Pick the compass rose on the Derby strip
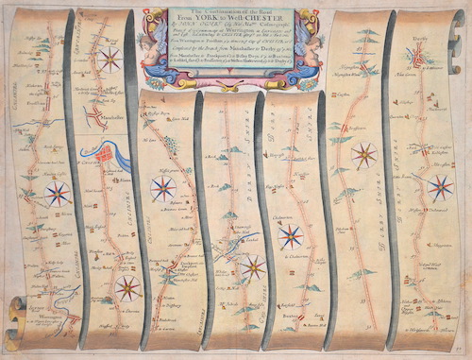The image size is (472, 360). [439, 186]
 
